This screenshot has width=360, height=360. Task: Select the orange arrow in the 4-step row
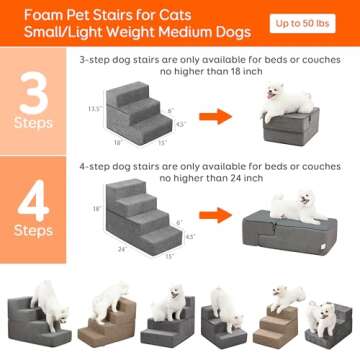point(208,214)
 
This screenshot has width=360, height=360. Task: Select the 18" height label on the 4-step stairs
point(97,209)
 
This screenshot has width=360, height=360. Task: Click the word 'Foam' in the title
point(28,13)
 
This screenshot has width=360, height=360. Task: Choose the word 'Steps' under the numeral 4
point(33,230)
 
